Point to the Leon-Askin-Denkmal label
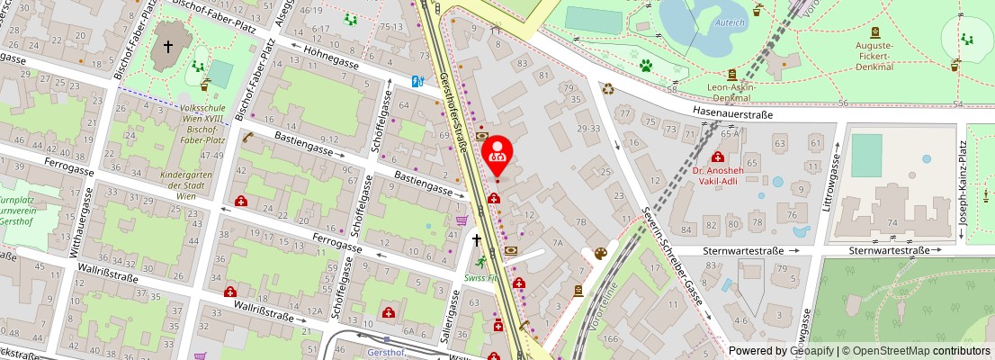point(731,92)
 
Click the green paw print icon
point(646,66)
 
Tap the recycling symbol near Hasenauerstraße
point(609,89)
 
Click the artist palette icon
point(600,254)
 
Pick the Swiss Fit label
point(482,278)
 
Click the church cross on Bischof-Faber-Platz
point(167,47)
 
